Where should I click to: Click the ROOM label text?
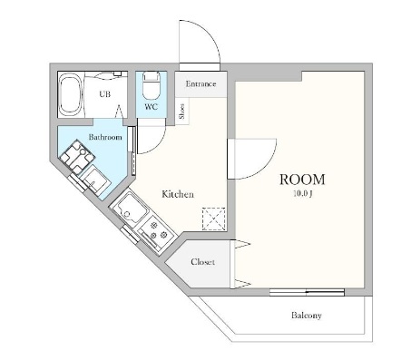pos(302,180)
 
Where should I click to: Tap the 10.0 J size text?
pos(303,194)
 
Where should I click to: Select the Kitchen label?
pos(178,194)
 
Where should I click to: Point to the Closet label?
pos(202,262)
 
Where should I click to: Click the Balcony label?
pos(307,316)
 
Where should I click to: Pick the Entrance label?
pos(201,83)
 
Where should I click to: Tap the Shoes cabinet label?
pos(182,111)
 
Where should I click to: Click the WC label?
pos(151,107)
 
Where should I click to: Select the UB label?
pos(105,94)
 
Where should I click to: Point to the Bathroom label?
pos(105,137)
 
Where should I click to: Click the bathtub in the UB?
pos(71,94)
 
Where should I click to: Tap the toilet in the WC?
pos(151,85)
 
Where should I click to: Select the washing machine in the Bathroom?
pos(77,157)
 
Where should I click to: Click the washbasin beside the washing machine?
pos(95,180)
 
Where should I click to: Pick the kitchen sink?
pos(130,208)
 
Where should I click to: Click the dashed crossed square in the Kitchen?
pos(214,219)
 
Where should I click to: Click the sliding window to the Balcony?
pos(307,292)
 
